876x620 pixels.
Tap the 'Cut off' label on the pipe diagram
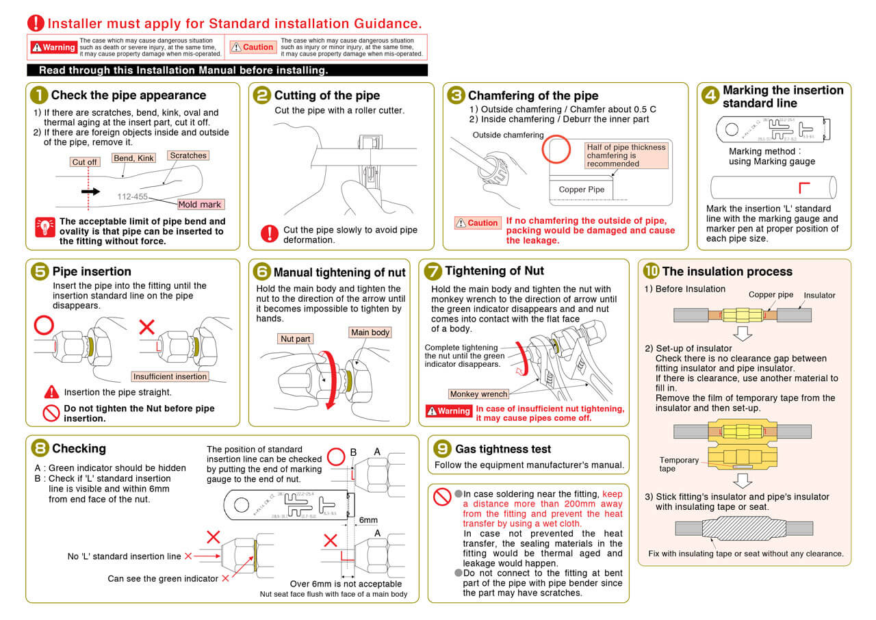pos(85,162)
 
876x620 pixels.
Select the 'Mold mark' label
pos(200,204)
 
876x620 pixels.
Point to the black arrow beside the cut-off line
pos(90,192)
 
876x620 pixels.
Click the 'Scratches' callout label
pos(188,155)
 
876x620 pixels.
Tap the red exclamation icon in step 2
pos(270,233)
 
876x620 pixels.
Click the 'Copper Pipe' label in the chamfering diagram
pos(582,190)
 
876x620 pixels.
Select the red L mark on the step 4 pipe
pos(805,187)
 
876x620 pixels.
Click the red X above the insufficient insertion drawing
pos(147,327)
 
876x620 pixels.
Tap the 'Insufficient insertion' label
pos(170,376)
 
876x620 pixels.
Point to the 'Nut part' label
pos(295,339)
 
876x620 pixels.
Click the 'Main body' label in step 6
pos(370,333)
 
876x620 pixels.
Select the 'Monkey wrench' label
pos(479,393)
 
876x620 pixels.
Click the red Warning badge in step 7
pos(449,411)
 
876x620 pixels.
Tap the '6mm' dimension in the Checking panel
pos(369,520)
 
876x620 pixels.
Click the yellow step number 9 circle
pos(443,448)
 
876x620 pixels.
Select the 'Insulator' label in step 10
pos(819,295)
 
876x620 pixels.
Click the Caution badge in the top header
pos(253,47)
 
